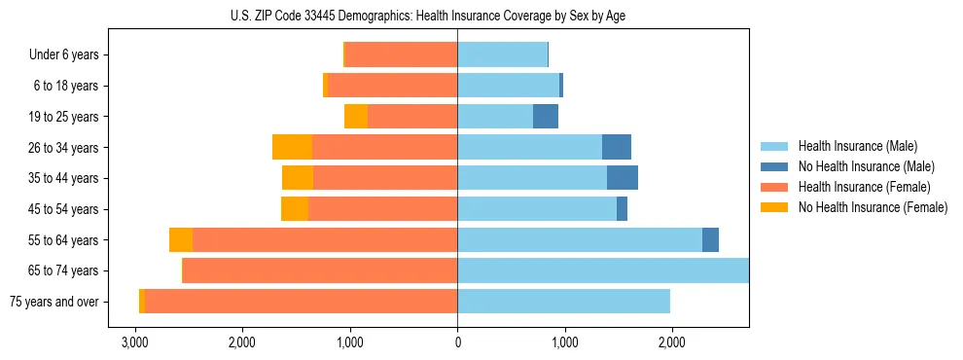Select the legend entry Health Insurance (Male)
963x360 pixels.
click(857, 146)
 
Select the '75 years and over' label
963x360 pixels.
click(54, 302)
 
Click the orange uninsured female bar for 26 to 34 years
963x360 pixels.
click(292, 147)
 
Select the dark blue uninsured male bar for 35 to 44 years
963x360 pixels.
click(623, 178)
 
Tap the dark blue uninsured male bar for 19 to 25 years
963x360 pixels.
click(546, 117)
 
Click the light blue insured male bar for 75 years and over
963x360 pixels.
click(563, 302)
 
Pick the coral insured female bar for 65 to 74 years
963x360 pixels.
click(320, 270)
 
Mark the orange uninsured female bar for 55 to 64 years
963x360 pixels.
click(181, 240)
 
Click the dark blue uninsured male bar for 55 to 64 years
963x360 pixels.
click(710, 240)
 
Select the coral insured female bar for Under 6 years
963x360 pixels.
click(401, 55)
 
